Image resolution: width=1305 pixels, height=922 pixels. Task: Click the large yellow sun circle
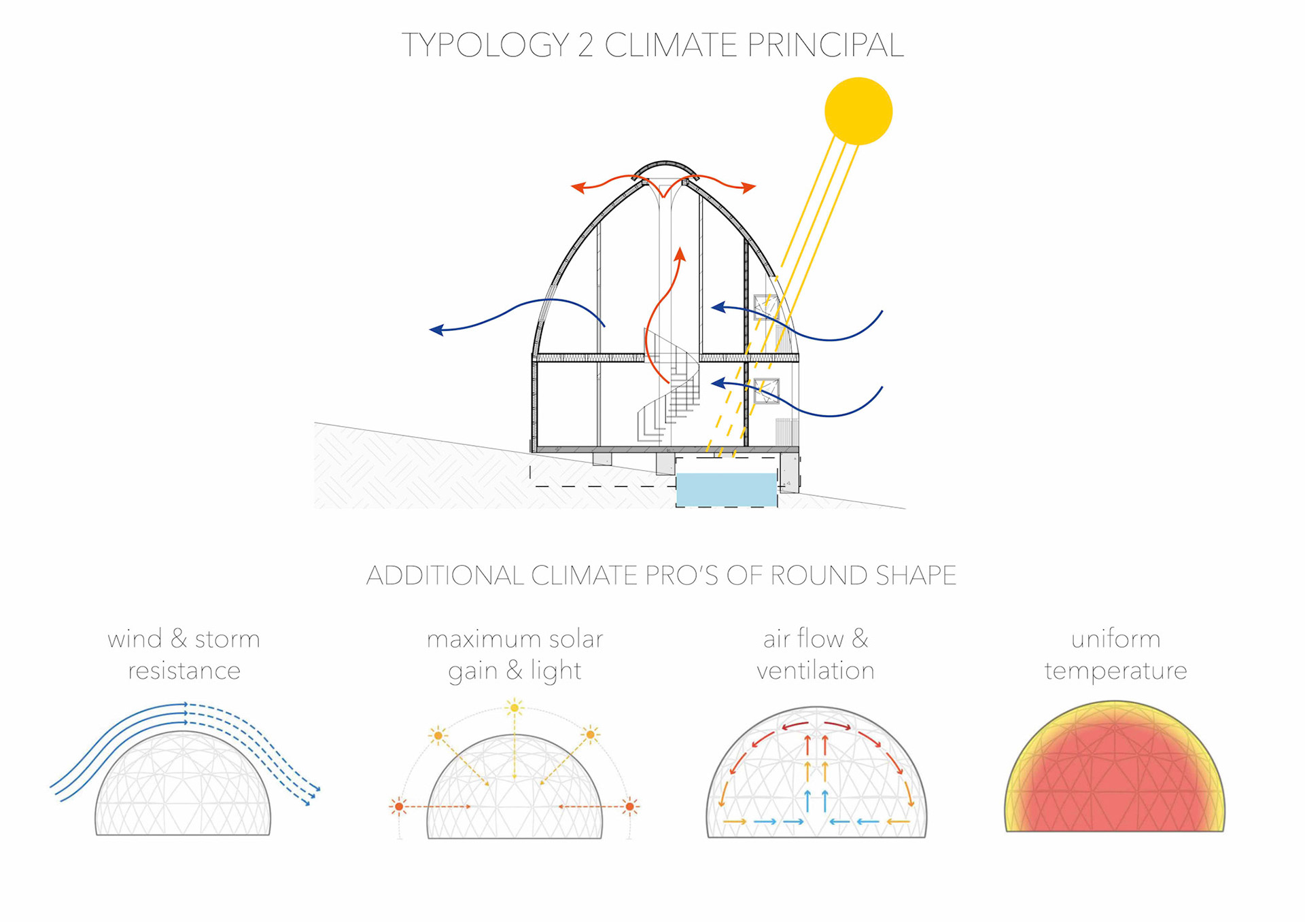click(x=858, y=111)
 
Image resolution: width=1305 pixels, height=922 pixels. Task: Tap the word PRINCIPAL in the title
click(x=825, y=46)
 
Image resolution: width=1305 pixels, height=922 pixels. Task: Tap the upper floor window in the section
click(x=765, y=306)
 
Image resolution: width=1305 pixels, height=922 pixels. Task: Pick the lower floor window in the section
click(x=766, y=391)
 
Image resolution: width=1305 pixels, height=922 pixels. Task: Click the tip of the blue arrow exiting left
click(x=432, y=330)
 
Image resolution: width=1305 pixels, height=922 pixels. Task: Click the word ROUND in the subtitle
click(x=819, y=575)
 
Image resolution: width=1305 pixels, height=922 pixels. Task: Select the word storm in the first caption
click(x=227, y=639)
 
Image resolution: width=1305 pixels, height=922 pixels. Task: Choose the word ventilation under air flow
click(x=816, y=671)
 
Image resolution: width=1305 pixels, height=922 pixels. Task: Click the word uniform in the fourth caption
click(x=1115, y=639)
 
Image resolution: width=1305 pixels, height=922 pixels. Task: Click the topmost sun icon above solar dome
click(x=515, y=708)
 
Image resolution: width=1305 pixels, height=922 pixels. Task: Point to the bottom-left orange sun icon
click(x=399, y=806)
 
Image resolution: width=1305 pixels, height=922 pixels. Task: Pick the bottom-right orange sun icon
click(x=630, y=806)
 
